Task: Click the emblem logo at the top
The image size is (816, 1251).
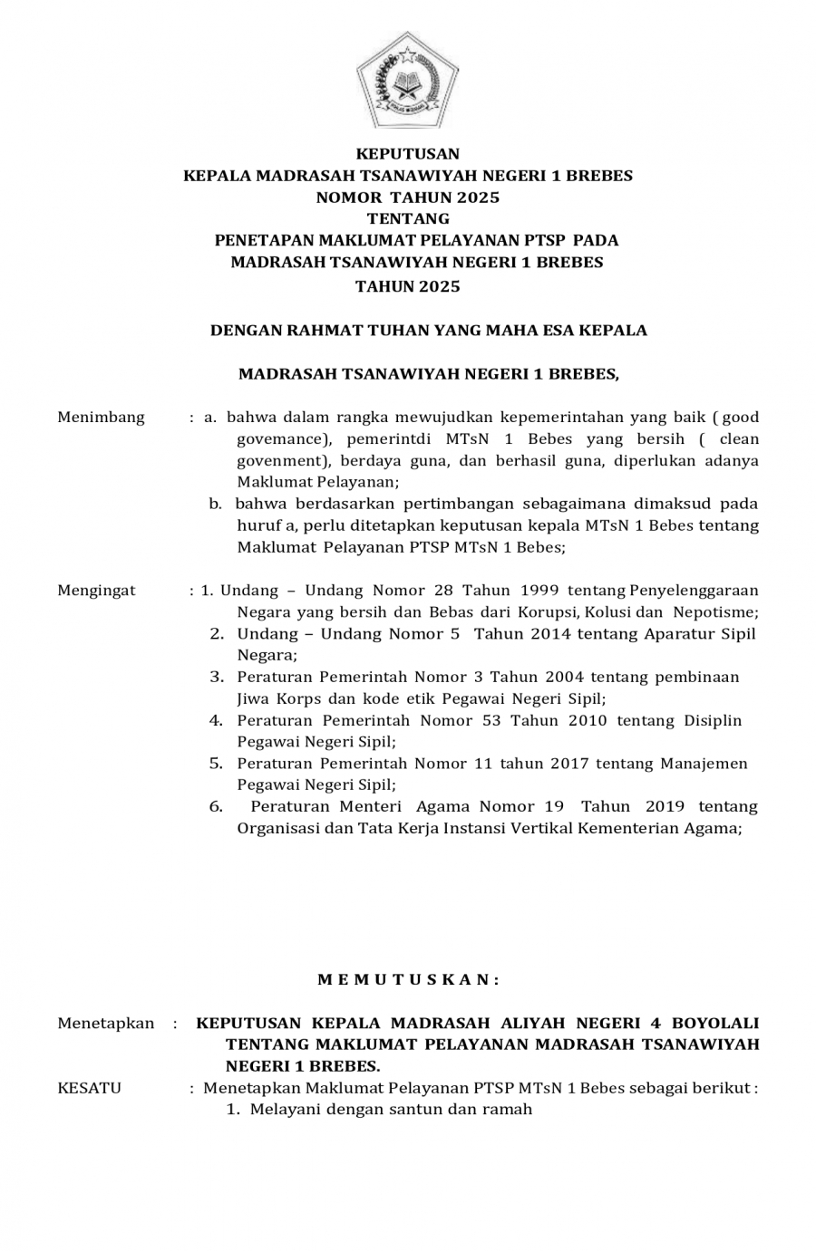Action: pyautogui.click(x=407, y=83)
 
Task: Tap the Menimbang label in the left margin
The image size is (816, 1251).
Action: pyautogui.click(x=101, y=417)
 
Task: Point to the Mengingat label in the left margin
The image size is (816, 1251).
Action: pyautogui.click(x=96, y=590)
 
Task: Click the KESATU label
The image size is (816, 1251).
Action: pyautogui.click(x=89, y=1087)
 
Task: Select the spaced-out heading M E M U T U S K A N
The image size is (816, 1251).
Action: pyautogui.click(x=408, y=979)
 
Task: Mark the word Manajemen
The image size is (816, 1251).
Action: pyautogui.click(x=704, y=764)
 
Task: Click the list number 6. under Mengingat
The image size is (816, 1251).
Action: pyautogui.click(x=216, y=806)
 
